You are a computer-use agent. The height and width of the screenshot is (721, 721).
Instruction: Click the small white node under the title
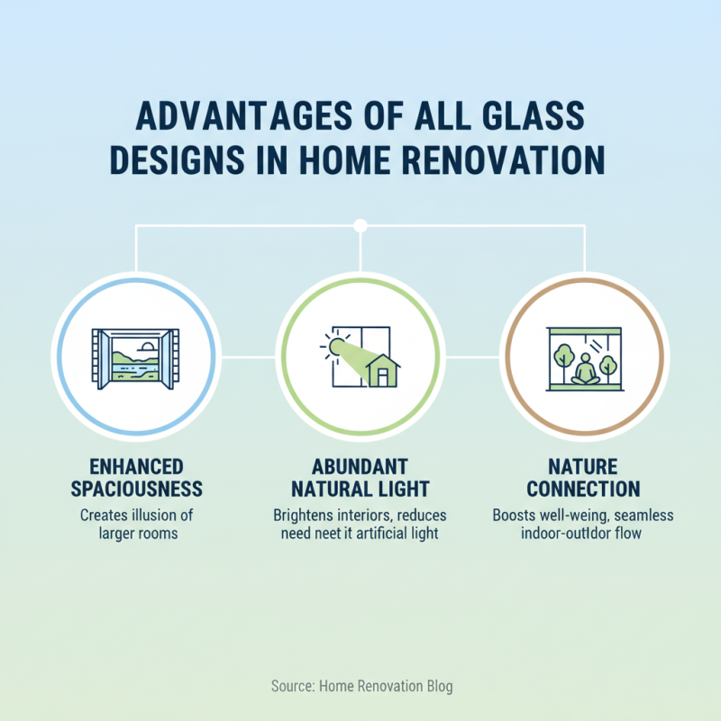tap(360, 224)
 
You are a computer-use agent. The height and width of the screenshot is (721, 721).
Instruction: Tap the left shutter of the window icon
tap(100, 359)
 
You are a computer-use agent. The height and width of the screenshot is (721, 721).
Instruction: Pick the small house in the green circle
tap(383, 370)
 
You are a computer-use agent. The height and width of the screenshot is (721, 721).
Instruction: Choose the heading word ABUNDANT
tap(360, 467)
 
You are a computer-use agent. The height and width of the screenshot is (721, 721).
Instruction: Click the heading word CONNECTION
tap(583, 489)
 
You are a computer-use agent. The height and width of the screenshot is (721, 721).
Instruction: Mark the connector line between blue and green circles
tap(246, 358)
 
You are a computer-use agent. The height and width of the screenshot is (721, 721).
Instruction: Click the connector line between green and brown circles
tap(473, 358)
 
